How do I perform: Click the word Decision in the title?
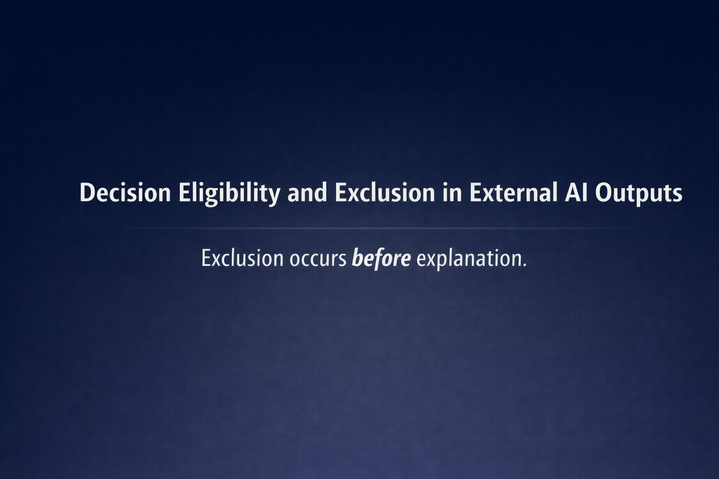point(125,192)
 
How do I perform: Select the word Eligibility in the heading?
point(228,193)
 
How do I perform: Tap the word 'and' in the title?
point(307,193)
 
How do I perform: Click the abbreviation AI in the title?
point(576,192)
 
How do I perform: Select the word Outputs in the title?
point(638,193)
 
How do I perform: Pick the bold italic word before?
point(381,258)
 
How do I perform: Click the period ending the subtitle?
point(524,265)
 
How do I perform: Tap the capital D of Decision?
point(87,192)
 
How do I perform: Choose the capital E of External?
point(475,192)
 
